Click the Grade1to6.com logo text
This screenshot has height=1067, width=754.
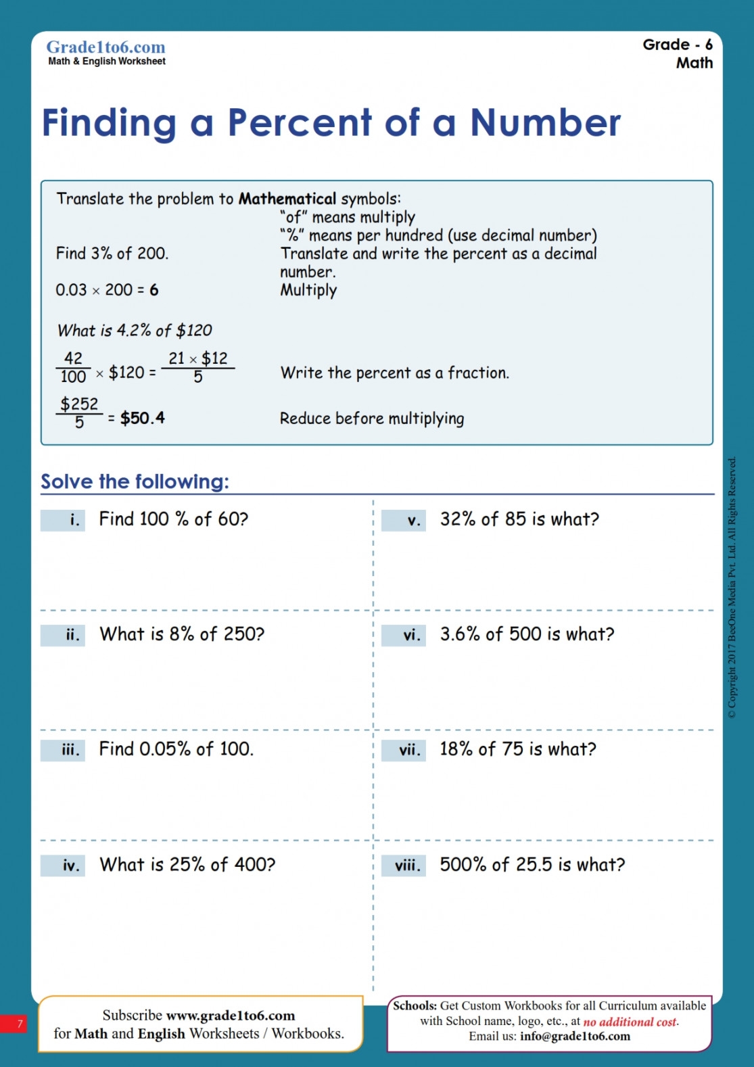(x=105, y=47)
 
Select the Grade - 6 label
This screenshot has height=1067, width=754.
(x=677, y=45)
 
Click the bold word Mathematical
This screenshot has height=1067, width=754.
(x=287, y=199)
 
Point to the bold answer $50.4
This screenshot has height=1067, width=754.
(x=142, y=419)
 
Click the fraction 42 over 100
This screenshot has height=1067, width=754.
(x=73, y=367)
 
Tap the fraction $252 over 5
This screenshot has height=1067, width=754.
(x=79, y=412)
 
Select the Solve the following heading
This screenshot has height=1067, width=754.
(x=135, y=481)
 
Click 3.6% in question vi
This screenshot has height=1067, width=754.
(x=460, y=634)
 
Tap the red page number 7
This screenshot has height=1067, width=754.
(x=20, y=1024)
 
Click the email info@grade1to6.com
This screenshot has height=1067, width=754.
(x=575, y=1037)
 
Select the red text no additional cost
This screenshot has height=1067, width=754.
(x=630, y=1022)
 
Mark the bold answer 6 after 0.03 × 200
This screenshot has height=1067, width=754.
(x=154, y=290)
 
